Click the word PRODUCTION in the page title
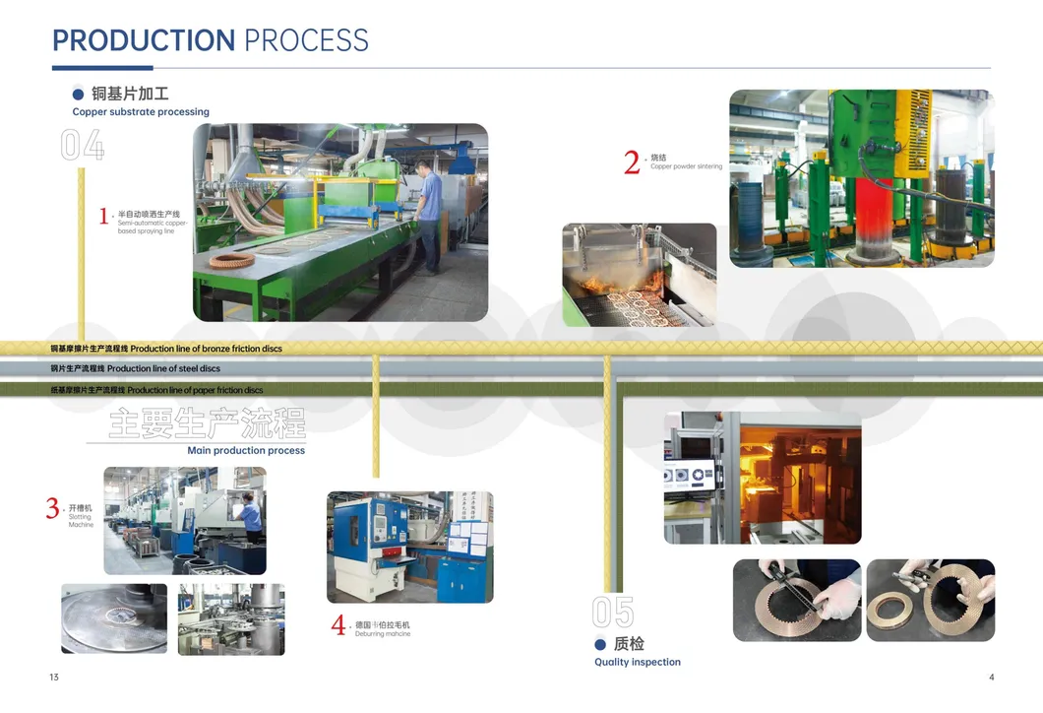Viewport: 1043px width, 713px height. (x=144, y=40)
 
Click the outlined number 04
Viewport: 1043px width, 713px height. (x=82, y=145)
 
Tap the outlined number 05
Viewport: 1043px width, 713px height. (x=613, y=613)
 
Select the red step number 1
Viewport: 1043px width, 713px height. (x=103, y=216)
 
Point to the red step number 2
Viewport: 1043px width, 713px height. (x=632, y=162)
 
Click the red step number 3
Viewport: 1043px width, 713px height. (x=52, y=509)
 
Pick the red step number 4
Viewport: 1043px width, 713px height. (x=338, y=626)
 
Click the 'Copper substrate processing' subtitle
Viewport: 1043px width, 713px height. (x=141, y=112)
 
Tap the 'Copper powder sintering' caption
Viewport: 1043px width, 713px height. (x=686, y=166)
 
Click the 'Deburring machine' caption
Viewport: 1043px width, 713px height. (x=383, y=634)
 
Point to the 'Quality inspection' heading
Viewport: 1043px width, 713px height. (x=637, y=662)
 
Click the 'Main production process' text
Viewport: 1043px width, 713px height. (x=246, y=450)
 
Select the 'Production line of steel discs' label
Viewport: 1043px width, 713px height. (x=163, y=368)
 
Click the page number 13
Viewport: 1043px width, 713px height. (x=54, y=677)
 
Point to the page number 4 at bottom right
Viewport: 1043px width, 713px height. (x=991, y=677)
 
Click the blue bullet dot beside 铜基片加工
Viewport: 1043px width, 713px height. (x=79, y=95)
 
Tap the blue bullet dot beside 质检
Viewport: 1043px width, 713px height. (x=600, y=644)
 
